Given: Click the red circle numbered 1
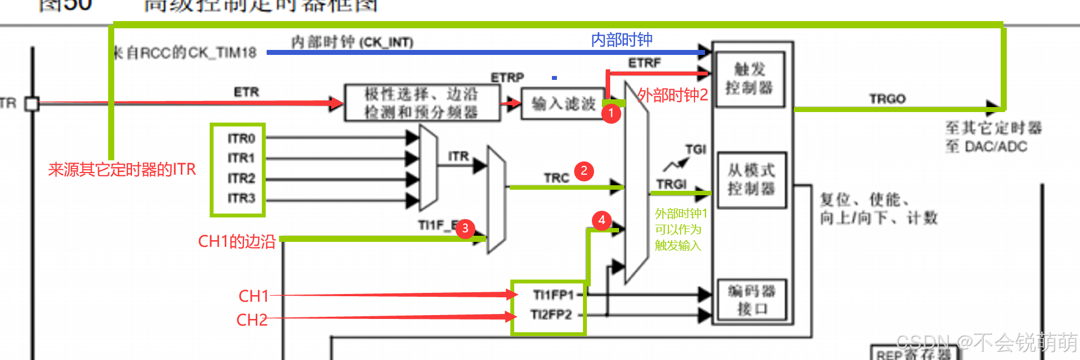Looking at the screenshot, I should (x=611, y=113).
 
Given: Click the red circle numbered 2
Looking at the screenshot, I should (x=584, y=171).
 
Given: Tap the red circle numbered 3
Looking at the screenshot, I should (x=465, y=228).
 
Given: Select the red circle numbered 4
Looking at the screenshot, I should (x=601, y=220).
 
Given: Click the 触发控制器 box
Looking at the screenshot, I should (x=749, y=79).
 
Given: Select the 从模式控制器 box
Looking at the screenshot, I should (x=751, y=180).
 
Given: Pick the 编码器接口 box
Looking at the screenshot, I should (x=752, y=300).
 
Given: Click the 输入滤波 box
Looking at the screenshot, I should (x=563, y=104).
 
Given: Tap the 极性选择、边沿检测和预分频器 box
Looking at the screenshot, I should (x=421, y=103).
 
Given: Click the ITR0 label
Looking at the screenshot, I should (x=241, y=138).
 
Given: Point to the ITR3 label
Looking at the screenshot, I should (x=241, y=198).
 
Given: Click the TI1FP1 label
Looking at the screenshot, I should (x=552, y=295).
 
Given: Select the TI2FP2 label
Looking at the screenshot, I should (x=551, y=315).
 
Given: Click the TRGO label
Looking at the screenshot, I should (x=887, y=99).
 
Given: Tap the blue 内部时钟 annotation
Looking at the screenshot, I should (x=621, y=40).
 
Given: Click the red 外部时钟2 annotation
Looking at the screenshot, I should (x=672, y=95).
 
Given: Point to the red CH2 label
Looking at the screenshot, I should (x=252, y=320).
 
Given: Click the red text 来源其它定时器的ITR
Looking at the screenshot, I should (x=122, y=169).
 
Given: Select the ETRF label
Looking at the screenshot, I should (x=644, y=63).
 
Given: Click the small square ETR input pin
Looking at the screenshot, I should (x=32, y=104).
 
